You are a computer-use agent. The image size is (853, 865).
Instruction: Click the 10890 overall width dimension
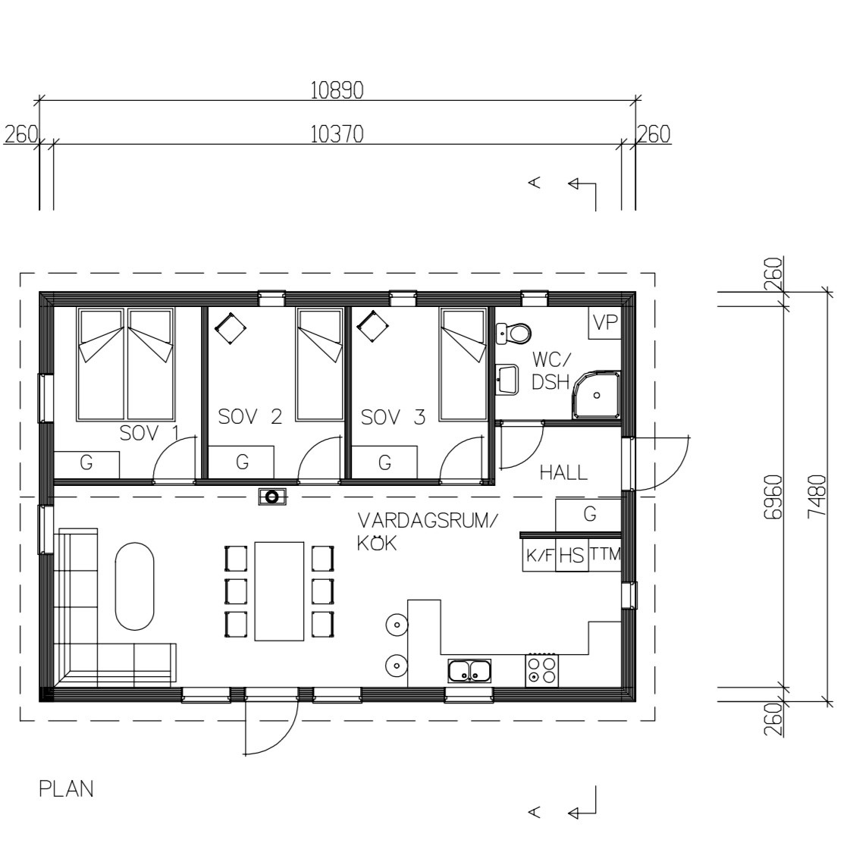tap(337, 90)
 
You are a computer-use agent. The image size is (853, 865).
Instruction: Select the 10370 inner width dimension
tap(337, 134)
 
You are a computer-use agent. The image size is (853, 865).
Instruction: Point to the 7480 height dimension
tap(817, 496)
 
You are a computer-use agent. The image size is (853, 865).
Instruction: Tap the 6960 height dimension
tap(773, 497)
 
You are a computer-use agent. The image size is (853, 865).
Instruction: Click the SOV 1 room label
tap(149, 434)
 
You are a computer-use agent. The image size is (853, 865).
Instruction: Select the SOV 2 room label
tap(250, 416)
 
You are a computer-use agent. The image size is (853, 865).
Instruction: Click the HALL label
tap(563, 473)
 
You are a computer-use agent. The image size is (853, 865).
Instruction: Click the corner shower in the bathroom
tap(597, 395)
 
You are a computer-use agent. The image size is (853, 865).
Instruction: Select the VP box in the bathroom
tap(605, 322)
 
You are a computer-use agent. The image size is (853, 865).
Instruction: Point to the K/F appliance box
tap(539, 555)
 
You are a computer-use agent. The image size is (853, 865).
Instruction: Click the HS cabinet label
tap(572, 556)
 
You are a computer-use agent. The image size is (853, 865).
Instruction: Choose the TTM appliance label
tap(605, 554)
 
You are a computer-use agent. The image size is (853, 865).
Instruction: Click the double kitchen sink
tap(469, 671)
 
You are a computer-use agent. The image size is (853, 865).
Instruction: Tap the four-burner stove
tap(542, 670)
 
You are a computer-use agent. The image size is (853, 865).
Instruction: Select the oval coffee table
tap(135, 587)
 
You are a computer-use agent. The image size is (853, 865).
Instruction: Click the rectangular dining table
tap(279, 591)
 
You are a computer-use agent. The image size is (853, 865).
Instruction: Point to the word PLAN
tap(66, 789)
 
